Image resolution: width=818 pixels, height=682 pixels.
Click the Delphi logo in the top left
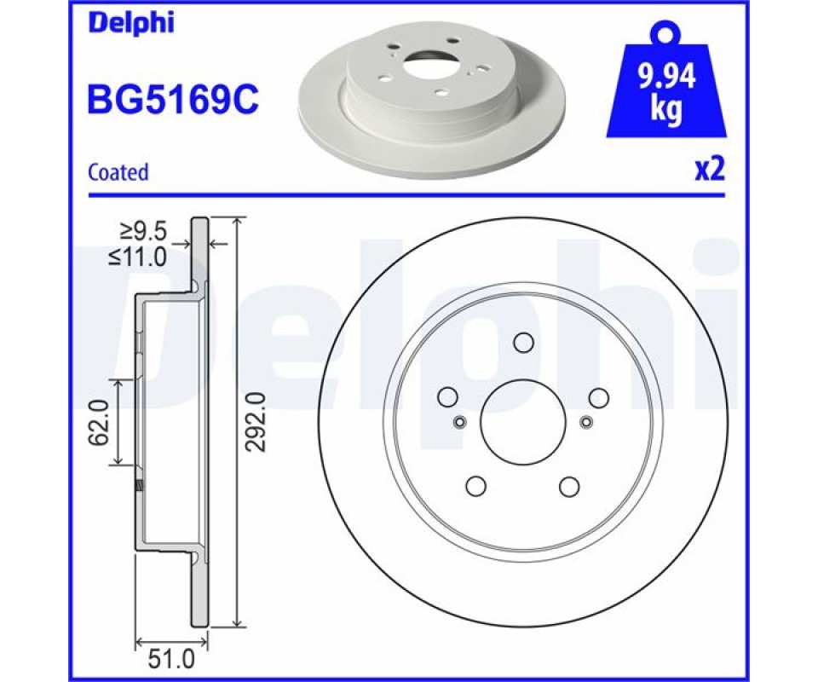click(x=131, y=24)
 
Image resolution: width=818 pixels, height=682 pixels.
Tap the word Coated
click(x=118, y=171)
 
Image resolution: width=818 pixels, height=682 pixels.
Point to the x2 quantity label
click(x=710, y=170)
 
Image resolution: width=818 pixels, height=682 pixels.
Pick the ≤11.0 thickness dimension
click(x=137, y=257)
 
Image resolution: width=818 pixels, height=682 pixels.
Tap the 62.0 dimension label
click(x=98, y=422)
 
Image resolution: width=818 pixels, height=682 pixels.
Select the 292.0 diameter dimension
click(x=256, y=422)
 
